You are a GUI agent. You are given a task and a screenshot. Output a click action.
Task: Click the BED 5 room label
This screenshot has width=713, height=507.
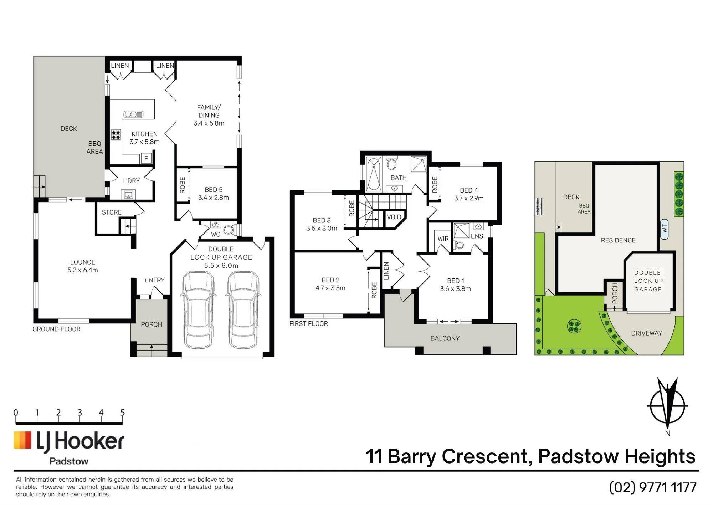tap(214, 190)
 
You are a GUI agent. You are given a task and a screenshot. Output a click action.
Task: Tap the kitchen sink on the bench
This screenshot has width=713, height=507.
tap(133, 114)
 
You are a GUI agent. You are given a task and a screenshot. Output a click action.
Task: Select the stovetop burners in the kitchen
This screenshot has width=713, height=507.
tap(116, 135)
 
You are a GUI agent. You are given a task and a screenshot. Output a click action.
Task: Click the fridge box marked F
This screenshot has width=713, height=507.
tap(146, 158)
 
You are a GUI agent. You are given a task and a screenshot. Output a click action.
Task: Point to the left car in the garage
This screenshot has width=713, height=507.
tap(198, 310)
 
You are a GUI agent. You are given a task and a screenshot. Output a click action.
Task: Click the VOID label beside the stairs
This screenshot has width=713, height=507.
tap(394, 217)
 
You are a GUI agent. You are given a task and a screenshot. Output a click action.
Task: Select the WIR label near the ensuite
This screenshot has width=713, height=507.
tap(443, 239)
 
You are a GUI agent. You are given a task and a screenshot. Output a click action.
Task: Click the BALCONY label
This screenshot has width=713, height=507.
tap(445, 338)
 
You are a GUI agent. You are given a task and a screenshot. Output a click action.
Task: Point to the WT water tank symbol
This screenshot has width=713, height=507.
tap(664, 229)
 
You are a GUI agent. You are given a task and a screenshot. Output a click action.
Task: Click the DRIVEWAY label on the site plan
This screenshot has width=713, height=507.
tap(647, 333)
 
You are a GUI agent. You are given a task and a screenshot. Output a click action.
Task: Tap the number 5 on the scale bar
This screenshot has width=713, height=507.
tap(123, 413)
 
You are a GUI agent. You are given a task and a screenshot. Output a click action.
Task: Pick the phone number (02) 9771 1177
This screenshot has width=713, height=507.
tap(653, 487)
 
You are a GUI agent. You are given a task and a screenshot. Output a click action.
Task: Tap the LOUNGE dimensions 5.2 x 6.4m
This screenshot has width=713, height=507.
tap(83, 270)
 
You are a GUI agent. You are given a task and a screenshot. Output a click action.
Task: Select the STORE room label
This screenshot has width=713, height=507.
tap(112, 212)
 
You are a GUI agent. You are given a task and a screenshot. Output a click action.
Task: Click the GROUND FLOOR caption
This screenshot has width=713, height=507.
tap(56, 329)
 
